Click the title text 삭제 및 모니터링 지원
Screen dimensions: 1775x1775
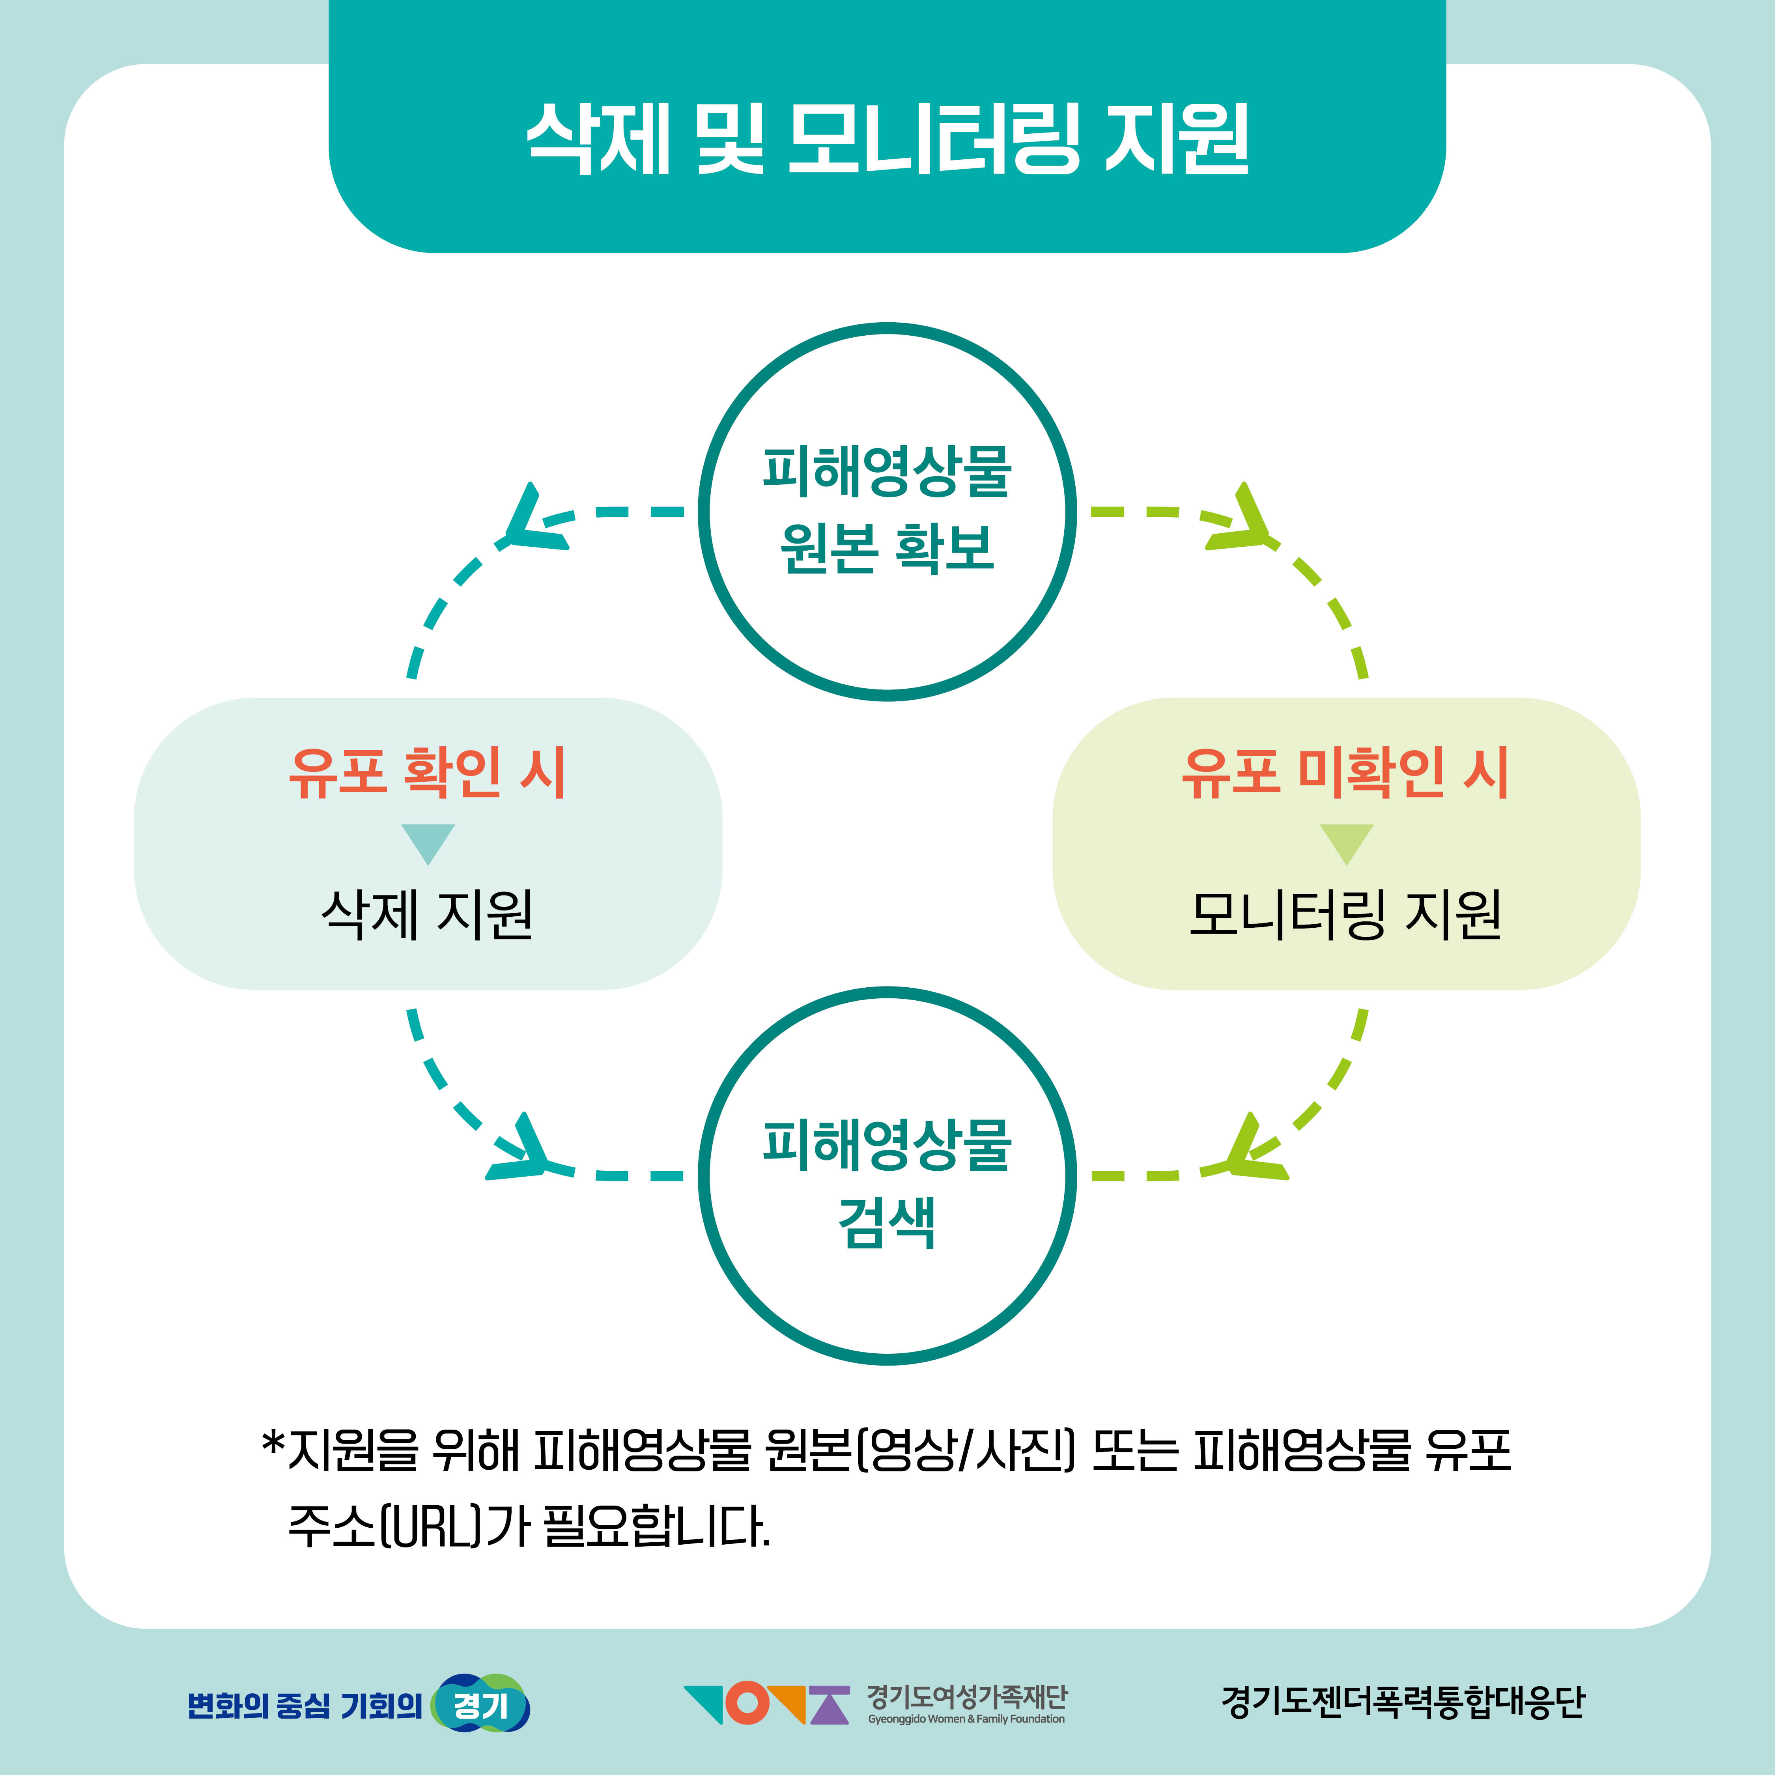(887, 138)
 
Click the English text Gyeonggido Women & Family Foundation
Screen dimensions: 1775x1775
(966, 1719)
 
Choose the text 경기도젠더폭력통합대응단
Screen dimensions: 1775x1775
(1403, 1702)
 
